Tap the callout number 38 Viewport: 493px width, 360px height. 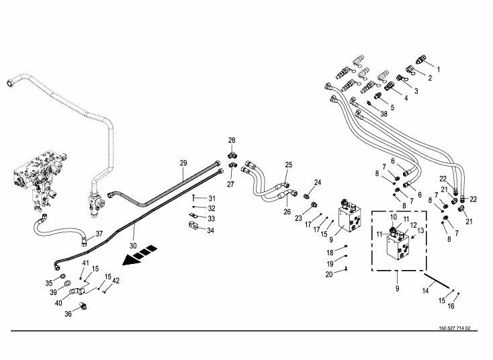point(384,114)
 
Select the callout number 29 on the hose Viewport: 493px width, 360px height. point(183,163)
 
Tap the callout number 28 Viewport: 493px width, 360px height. point(232,140)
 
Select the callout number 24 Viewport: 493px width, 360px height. point(318,182)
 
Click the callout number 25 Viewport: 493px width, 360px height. point(289,165)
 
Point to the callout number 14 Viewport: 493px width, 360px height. point(425,291)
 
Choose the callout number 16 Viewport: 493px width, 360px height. point(451,306)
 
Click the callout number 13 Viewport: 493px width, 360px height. point(421,230)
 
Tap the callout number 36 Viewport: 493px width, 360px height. point(68,313)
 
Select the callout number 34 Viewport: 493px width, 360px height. point(211,230)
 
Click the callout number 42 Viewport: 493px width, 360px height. point(116,280)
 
